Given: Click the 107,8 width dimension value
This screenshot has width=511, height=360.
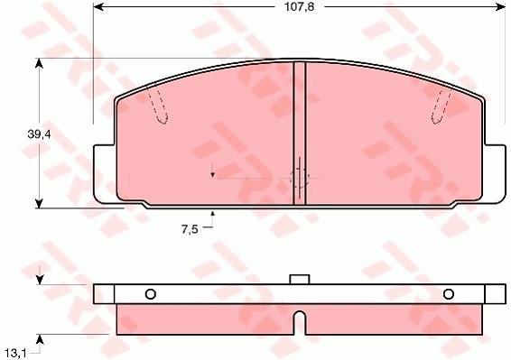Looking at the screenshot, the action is tap(300, 7).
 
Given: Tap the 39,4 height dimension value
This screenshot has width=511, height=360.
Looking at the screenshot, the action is tap(39, 134).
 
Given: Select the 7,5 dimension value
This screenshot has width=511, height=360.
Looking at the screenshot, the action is tap(190, 229).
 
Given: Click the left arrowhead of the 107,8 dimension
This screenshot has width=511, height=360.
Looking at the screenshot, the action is tap(98, 6).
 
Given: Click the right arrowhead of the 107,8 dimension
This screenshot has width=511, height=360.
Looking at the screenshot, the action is tap(500, 6).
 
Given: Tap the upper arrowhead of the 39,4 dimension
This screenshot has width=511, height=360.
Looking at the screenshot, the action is tap(39, 63).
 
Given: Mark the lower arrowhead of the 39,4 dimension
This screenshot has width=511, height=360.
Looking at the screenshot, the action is tap(39, 203).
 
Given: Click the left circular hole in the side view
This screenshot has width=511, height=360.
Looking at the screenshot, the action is tap(150, 294).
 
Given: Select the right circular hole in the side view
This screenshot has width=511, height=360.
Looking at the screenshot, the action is tap(449, 294).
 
